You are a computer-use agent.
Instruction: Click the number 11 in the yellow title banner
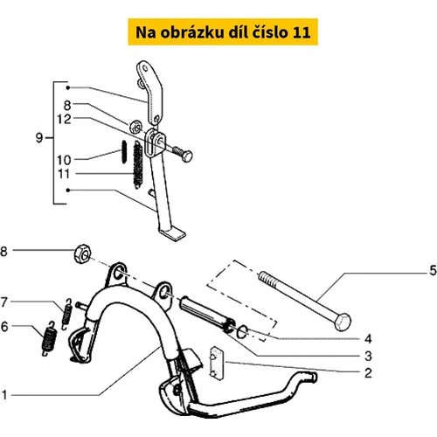[x=302, y=32]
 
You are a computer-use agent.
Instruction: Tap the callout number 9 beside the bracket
[x=39, y=137]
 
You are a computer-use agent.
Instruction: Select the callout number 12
[x=64, y=119]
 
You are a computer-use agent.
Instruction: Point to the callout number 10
[x=64, y=160]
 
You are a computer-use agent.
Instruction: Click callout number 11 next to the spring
[x=64, y=174]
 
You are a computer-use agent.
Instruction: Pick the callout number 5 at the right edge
[x=433, y=271]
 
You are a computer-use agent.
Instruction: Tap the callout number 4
[x=368, y=339]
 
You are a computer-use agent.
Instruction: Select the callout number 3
[x=368, y=356]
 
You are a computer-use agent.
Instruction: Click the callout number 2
[x=368, y=373]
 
